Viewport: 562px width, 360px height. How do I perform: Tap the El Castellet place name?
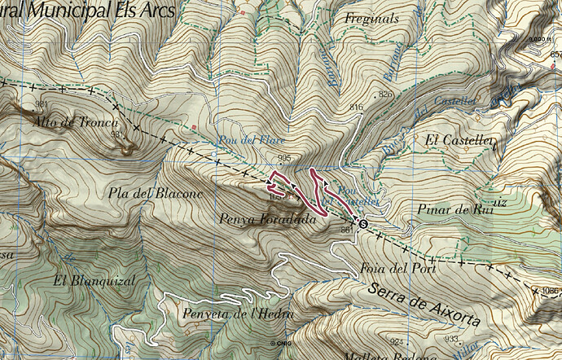pyautogui.click(x=460, y=140)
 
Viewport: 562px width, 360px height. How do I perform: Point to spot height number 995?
pyautogui.click(x=284, y=158)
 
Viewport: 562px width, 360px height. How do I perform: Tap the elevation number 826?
pyautogui.click(x=385, y=95)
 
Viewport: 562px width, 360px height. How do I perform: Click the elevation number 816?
pyautogui.click(x=355, y=108)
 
